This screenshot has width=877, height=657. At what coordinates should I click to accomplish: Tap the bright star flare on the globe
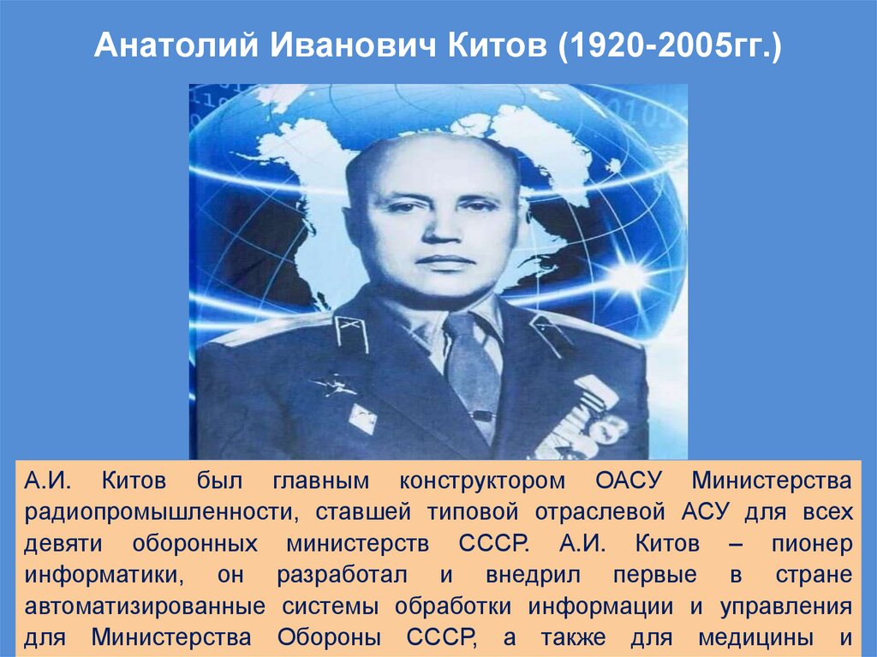[629, 277]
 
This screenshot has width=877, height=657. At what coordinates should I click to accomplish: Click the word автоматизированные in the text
[145, 607]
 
